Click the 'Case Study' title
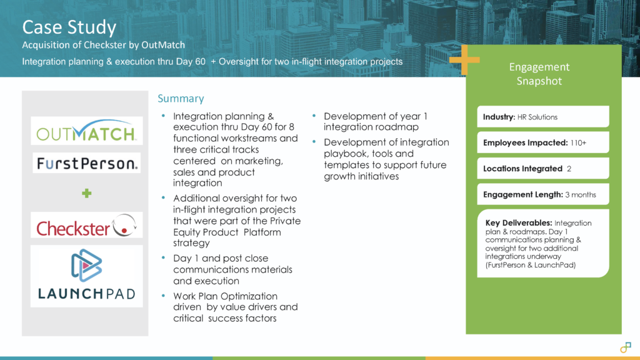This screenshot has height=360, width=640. tap(69, 27)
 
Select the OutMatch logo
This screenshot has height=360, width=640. tap(86, 131)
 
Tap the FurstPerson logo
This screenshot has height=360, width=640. tap(86, 164)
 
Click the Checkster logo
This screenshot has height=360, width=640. tap(86, 227)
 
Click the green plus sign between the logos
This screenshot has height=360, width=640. tap(86, 194)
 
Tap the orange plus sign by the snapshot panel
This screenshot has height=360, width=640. tap(464, 61)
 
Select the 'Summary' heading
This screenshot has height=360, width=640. tap(181, 99)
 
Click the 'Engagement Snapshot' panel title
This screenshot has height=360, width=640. tap(539, 74)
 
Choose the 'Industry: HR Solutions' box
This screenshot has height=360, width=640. tap(542, 117)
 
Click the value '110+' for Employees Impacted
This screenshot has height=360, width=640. tap(577, 143)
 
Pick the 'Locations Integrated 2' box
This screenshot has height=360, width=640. tap(542, 169)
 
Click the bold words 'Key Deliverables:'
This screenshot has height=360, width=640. tap(518, 223)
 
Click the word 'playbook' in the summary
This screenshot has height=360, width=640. tap(343, 154)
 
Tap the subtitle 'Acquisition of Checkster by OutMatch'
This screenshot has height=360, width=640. tap(103, 45)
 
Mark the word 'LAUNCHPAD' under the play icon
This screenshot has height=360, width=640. tap(86, 294)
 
